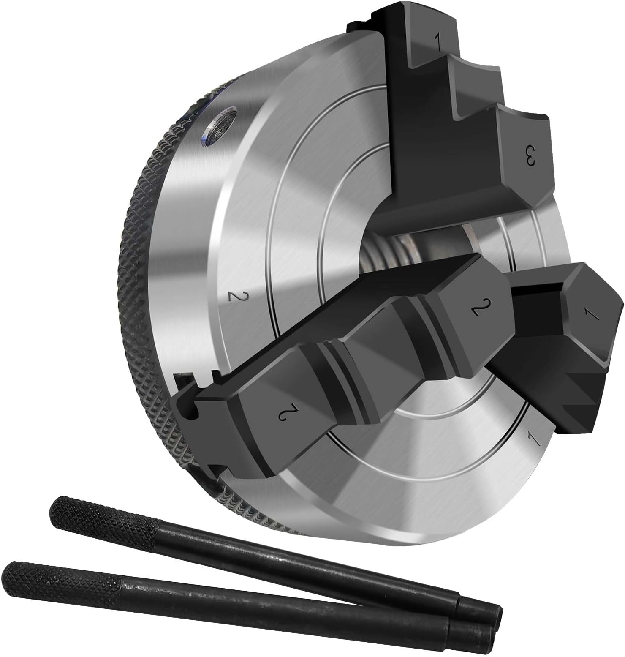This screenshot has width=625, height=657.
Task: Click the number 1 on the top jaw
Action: coord(438,42)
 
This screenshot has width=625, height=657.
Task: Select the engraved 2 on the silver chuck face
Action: coord(234,296)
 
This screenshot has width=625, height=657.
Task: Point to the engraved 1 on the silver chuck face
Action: coord(533,440)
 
